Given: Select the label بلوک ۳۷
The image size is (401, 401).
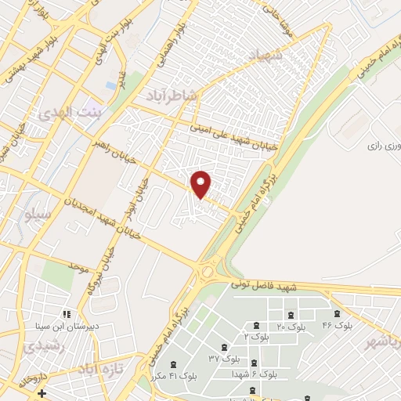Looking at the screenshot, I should [x=225, y=359].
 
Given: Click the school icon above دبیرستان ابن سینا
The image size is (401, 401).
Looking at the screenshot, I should [x=67, y=313].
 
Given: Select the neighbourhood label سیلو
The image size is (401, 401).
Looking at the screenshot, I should [x=38, y=213].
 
